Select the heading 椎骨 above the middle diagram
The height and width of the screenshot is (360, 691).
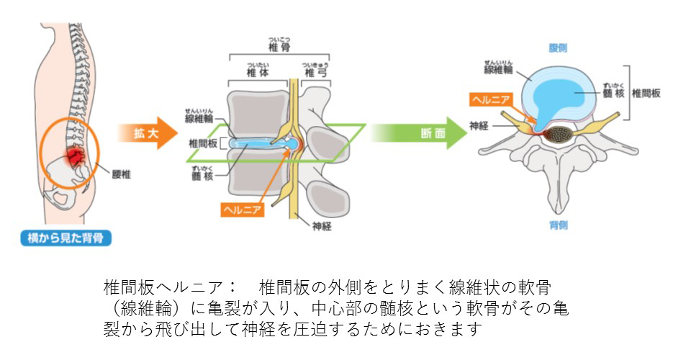[x=279, y=48]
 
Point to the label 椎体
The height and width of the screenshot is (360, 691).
[x=257, y=73]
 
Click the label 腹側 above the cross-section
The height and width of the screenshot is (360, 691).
[x=558, y=48]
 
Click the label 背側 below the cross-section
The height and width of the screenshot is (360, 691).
[x=558, y=225]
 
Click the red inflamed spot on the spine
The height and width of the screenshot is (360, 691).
[x=74, y=155]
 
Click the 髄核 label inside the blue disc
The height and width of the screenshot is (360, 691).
[x=610, y=94]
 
